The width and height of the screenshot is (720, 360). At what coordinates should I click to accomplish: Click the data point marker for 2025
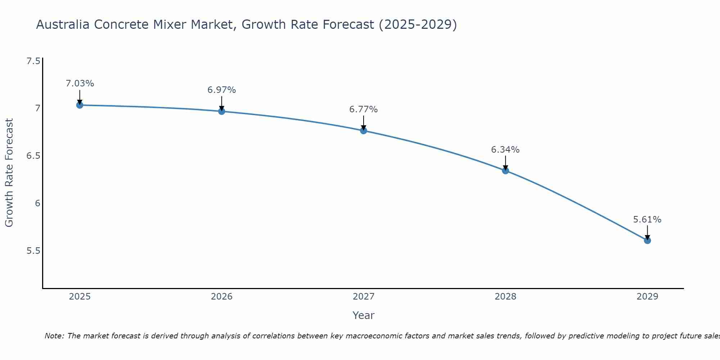tap(80, 105)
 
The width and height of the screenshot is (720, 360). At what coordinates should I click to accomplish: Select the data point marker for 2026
tap(222, 111)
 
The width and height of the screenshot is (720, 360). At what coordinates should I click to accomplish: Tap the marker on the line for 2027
tap(364, 131)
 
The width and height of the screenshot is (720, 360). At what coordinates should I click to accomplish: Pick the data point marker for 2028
tap(505, 171)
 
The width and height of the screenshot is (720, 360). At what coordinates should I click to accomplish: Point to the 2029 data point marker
tap(647, 240)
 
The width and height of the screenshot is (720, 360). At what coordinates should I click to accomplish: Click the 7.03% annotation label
tap(80, 84)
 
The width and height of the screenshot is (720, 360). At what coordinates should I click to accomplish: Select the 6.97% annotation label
tap(222, 90)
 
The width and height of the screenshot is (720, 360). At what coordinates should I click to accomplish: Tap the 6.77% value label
tap(364, 109)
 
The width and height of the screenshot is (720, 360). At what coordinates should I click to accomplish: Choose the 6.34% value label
tap(505, 150)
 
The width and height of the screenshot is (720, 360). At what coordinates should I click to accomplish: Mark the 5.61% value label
tap(647, 220)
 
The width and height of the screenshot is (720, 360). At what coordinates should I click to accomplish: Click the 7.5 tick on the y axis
tap(33, 61)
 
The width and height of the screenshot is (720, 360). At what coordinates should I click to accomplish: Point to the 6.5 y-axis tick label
tap(33, 156)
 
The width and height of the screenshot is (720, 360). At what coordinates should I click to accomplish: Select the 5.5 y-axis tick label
tap(33, 251)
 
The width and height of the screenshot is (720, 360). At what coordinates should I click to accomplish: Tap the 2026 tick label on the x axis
tap(222, 297)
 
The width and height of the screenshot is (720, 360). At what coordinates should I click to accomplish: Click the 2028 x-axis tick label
tap(505, 297)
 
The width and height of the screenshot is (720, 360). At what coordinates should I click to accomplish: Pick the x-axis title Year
tap(364, 315)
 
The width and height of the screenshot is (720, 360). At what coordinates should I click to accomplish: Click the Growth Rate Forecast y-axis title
tap(9, 173)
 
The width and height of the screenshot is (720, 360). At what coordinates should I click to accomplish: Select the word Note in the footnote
tap(54, 336)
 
